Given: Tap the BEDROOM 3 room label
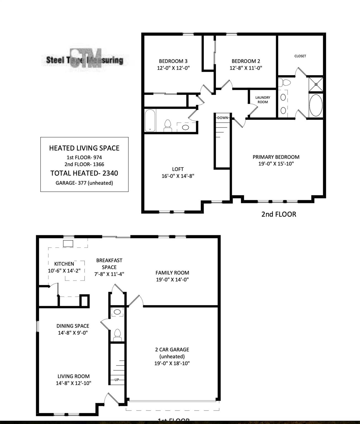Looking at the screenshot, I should click(x=173, y=61).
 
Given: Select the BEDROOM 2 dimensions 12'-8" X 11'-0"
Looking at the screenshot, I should click(x=246, y=68).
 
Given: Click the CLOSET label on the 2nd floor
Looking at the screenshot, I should click(x=300, y=56).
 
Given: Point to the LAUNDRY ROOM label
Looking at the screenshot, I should click(x=263, y=100).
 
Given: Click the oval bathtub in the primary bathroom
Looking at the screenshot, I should click(x=316, y=105).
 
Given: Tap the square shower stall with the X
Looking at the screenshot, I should click(x=316, y=84).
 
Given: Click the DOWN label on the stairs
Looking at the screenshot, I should click(x=222, y=118).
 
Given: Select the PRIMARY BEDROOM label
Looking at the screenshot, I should click(x=276, y=157).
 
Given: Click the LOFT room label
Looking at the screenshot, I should click(x=178, y=169).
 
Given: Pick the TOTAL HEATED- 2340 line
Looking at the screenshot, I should click(x=84, y=173).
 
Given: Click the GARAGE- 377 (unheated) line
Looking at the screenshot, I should click(x=84, y=183).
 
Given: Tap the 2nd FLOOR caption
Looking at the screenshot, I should click(x=279, y=214).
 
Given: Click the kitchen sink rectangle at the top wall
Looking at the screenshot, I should click(x=68, y=243).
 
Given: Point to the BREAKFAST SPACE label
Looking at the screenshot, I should click(x=109, y=264).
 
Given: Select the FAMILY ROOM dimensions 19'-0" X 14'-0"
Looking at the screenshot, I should click(x=172, y=279).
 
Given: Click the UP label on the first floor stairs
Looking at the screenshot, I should click(x=117, y=380).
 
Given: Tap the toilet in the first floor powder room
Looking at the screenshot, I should click(x=118, y=334).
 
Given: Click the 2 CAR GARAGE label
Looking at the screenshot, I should click(x=172, y=349).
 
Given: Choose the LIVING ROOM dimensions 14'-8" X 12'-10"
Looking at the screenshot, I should click(x=73, y=383).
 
